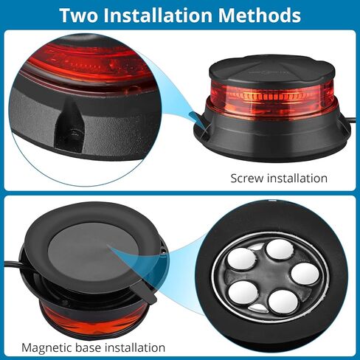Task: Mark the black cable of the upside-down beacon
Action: (16, 263)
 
